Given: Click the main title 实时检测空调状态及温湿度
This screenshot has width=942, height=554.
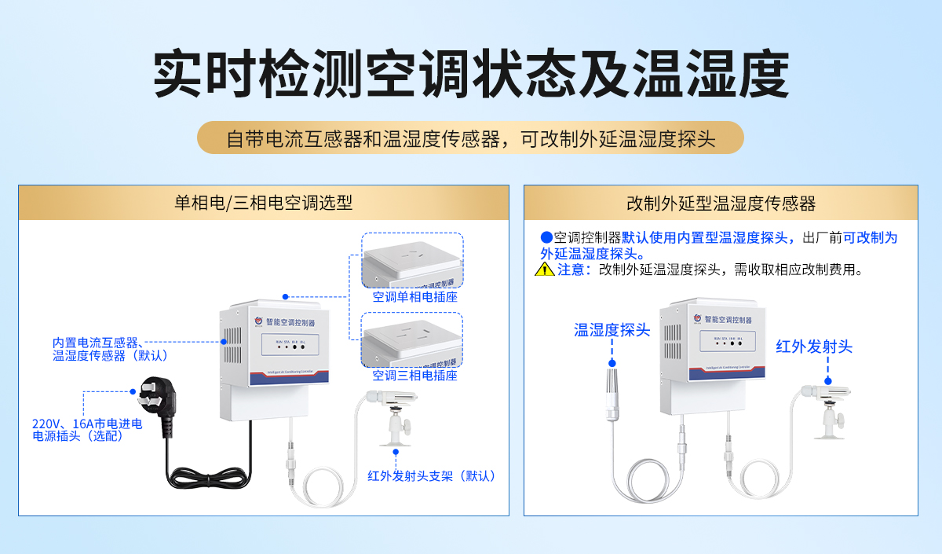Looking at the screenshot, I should pos(470,75).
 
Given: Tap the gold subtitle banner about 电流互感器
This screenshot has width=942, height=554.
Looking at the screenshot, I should pos(470,138).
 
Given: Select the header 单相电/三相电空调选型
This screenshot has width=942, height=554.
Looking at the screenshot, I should pos(264,203).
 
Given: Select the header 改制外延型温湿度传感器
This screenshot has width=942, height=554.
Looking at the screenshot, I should pos(721,204).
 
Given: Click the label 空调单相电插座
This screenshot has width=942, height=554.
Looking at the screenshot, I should pos(414,298).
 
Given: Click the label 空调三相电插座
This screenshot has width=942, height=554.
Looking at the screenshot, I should pos(414,376).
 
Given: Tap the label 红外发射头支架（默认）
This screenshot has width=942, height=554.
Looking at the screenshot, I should pos(433,475).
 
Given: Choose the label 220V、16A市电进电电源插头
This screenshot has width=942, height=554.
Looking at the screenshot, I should pos(87,430).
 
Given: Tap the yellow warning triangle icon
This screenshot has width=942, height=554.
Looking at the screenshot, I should pos(544,270).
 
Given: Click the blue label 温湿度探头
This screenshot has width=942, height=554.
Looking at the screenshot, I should pos(612,330).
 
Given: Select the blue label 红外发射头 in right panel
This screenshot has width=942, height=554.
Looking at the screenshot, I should pos(814,347).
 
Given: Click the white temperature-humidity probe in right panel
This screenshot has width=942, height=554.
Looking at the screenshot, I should pos(613,393).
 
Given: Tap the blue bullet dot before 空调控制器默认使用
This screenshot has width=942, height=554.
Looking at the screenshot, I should pos(546,237).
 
